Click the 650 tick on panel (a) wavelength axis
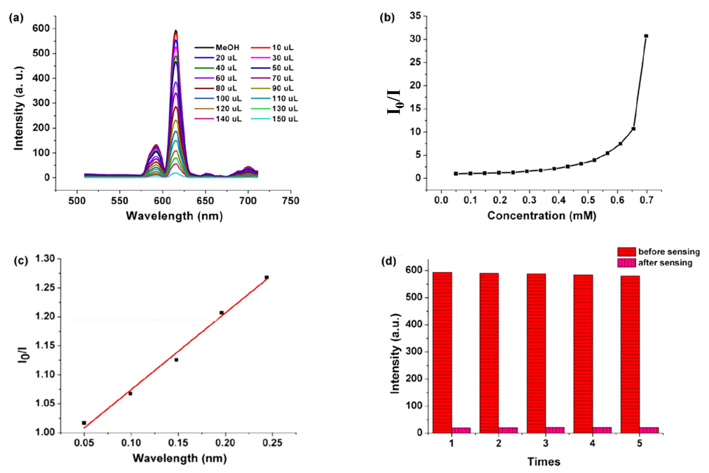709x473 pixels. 205,201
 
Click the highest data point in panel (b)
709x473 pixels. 646,36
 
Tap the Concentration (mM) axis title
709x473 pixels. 542,216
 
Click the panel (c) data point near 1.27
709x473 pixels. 267,277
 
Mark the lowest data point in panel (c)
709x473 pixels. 84,423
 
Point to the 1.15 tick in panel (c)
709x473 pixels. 45,346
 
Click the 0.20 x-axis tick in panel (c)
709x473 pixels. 225,443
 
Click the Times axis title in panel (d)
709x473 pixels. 544,462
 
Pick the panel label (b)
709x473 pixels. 387,18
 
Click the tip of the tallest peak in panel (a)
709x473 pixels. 176,31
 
